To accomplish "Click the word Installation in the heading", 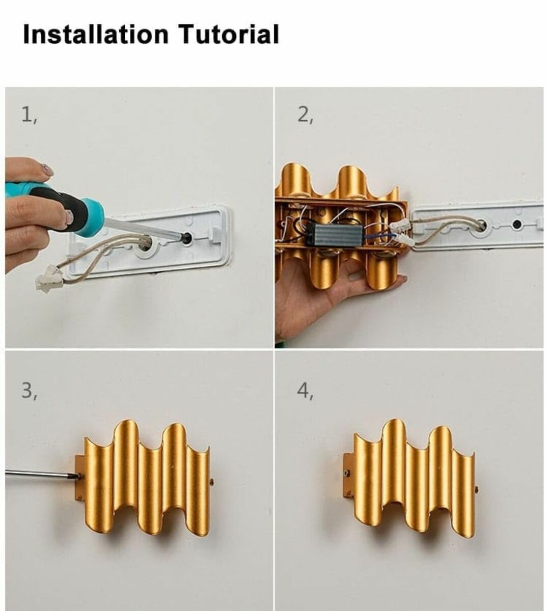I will click(x=95, y=35).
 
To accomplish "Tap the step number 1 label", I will click(x=29, y=116).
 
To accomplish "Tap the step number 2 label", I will click(x=305, y=116).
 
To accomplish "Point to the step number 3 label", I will click(x=29, y=391).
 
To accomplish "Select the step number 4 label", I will click(x=305, y=391).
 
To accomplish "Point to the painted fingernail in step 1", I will click(x=47, y=170).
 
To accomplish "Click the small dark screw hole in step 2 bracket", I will click(x=517, y=224).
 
